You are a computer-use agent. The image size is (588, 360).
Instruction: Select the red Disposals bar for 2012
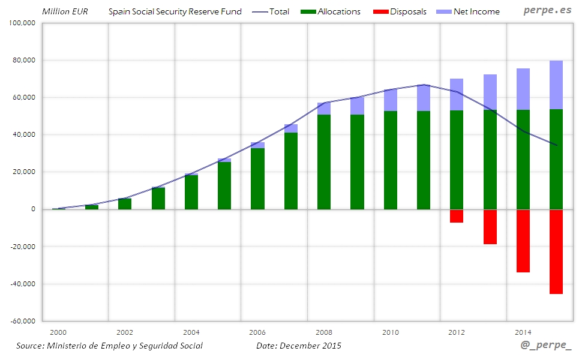457,216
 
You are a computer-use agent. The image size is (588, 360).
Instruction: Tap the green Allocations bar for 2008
324,162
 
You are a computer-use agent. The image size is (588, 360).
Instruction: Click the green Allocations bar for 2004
191,192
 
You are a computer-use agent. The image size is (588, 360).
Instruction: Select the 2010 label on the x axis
391,332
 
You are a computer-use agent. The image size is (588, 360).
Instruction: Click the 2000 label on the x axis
58,332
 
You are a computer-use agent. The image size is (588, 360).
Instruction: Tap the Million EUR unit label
65,11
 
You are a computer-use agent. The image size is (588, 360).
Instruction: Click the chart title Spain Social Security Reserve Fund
175,11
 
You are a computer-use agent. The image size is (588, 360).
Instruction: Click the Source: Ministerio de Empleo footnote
109,346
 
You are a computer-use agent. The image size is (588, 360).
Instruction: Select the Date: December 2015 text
299,346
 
